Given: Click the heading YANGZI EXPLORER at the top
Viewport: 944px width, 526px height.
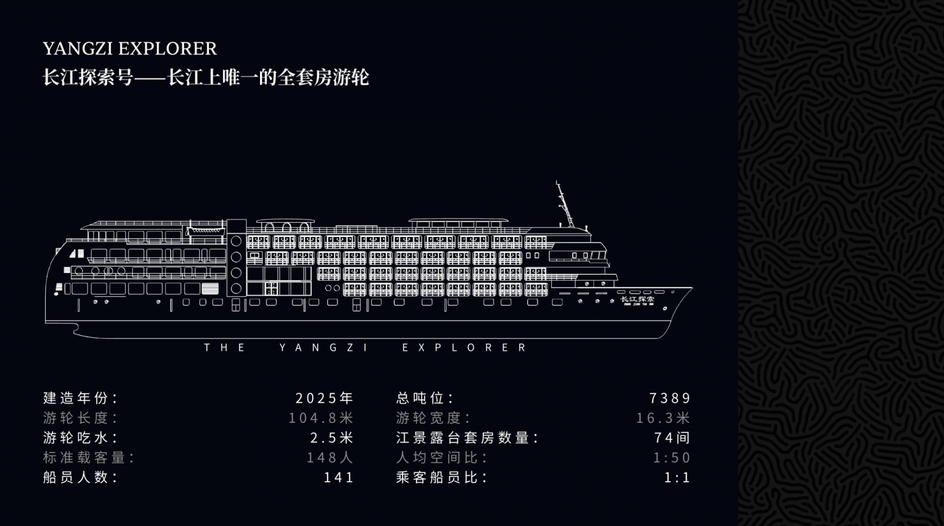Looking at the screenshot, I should pos(130,49).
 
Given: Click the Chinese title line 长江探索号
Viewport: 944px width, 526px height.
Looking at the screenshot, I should pos(206,78).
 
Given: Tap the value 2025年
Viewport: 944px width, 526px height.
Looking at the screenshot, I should pos(324,398).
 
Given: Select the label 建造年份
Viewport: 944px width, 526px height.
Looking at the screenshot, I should pos(80,398).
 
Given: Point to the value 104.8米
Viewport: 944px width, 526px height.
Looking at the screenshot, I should pos(321,418).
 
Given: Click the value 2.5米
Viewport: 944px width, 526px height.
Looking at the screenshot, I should pos(331,438).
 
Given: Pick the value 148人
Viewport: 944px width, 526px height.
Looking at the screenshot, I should pos(330,458).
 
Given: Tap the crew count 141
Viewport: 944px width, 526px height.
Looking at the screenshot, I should pos(338,477).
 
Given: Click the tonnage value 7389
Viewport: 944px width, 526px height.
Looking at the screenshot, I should pos(670,398).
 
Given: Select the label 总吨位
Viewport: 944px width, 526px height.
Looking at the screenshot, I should pos(424,398).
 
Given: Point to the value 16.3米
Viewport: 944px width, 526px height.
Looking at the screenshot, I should pos(663,418).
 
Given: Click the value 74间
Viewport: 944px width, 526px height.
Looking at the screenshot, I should pos(672,438).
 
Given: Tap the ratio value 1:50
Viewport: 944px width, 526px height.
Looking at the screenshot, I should pos(672,458).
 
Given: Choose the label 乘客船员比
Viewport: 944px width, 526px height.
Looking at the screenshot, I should pos(442,477).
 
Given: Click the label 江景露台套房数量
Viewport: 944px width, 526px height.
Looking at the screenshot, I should pos(467,438).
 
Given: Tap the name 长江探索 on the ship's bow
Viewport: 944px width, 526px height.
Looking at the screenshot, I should pos(637,299).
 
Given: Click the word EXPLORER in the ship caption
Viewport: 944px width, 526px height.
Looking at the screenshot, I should pos(465,348).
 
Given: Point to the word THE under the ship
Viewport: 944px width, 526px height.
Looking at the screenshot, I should pos(225,348).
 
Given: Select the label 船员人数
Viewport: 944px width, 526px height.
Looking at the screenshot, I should pos(80,477).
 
